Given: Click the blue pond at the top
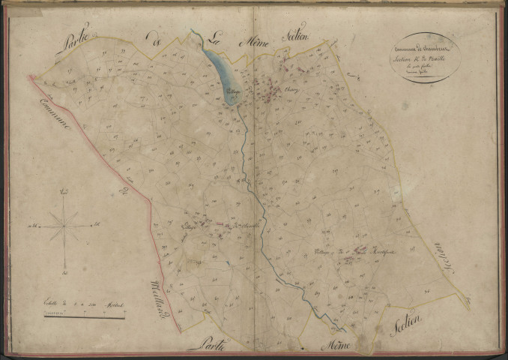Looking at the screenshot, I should [x=220, y=67].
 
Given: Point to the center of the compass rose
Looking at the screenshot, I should [x=65, y=224].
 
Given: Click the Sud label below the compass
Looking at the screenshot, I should [x=65, y=272].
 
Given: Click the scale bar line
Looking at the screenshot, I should [x=84, y=316].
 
